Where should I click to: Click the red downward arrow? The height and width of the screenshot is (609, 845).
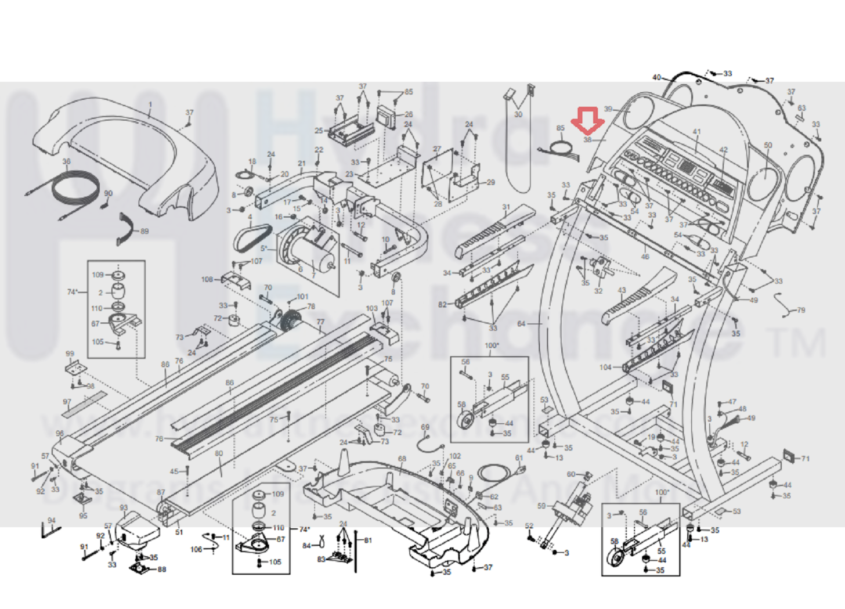587,121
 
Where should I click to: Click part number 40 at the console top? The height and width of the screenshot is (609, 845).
656,77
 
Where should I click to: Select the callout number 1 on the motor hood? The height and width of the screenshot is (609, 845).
150,105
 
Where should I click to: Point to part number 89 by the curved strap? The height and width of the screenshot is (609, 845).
145,231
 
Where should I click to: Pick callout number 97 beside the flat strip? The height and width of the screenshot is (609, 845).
67,402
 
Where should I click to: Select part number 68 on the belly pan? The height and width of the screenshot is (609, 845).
402,459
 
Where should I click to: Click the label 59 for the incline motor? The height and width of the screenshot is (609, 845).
541,506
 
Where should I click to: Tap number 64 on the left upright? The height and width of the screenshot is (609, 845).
521,324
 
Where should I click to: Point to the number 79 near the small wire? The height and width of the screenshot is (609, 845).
801,310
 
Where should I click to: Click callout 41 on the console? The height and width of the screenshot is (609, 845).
696,132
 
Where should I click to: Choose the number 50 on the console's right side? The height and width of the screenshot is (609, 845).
768,145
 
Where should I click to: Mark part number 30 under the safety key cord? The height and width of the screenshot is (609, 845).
518,114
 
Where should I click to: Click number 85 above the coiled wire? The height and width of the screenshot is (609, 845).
560,128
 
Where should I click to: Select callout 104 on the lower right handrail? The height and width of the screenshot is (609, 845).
605,367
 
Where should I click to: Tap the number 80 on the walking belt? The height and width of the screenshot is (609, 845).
219,453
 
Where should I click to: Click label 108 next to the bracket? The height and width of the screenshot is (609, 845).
207,279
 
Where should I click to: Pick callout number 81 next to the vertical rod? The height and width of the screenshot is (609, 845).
368,540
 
